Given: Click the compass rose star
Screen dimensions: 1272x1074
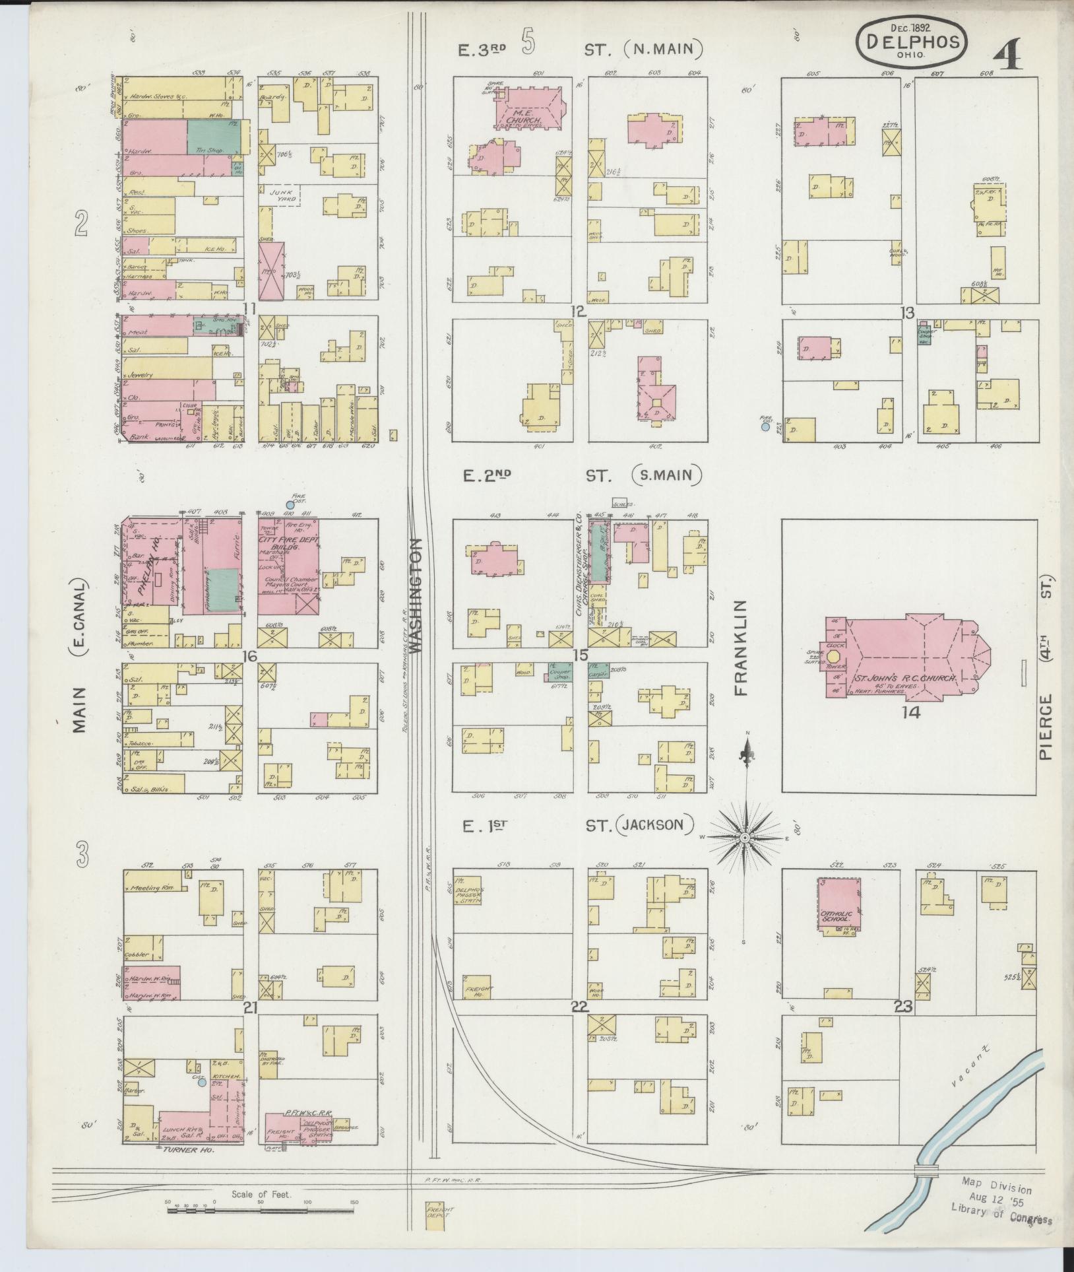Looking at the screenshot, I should pos(744,838).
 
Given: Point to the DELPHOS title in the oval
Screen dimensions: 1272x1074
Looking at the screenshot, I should pos(912,42).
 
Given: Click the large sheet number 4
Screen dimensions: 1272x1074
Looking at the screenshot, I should pos(1008,54).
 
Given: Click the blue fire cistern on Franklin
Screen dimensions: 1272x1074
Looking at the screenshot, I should pos(765,427).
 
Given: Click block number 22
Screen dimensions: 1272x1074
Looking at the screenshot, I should pos(579,1025).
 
